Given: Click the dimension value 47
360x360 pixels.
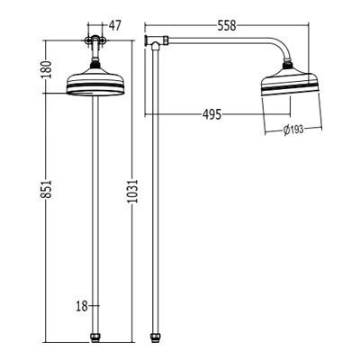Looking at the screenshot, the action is [x=114, y=26].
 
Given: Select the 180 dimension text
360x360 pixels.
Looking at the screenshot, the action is [x=47, y=69].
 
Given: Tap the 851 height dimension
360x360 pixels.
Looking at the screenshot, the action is [x=47, y=189].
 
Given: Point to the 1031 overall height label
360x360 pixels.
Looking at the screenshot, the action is [x=132, y=192].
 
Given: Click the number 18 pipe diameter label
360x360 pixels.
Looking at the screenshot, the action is [x=82, y=306].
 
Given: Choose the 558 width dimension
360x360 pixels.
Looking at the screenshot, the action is [x=227, y=26].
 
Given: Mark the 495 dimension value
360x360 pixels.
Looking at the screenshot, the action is [x=211, y=114].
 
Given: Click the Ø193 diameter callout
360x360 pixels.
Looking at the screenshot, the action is [x=293, y=130].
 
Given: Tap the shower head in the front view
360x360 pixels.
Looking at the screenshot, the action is [x=94, y=83].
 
